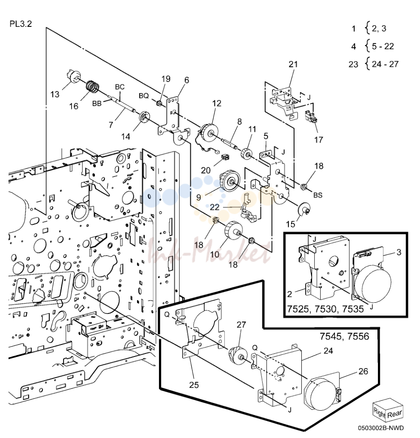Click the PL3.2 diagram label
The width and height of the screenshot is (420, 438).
pos(21,24)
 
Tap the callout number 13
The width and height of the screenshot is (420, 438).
pos(55,94)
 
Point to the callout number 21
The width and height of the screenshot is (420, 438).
pos(293,64)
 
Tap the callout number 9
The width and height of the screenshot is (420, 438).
pos(198,198)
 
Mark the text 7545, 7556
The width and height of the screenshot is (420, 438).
pos(344,336)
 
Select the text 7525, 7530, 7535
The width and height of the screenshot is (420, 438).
pos(326,309)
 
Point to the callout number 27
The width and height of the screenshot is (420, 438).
pos(241,325)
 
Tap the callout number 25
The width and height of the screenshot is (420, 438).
pos(194,385)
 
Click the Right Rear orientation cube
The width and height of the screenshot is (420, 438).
pos(388,410)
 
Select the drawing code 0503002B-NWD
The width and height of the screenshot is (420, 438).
pos(381,428)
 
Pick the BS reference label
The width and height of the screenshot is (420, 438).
pos(318,195)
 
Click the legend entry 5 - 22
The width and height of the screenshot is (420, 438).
pos(382,46)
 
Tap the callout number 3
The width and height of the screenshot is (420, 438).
pos(399,252)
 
